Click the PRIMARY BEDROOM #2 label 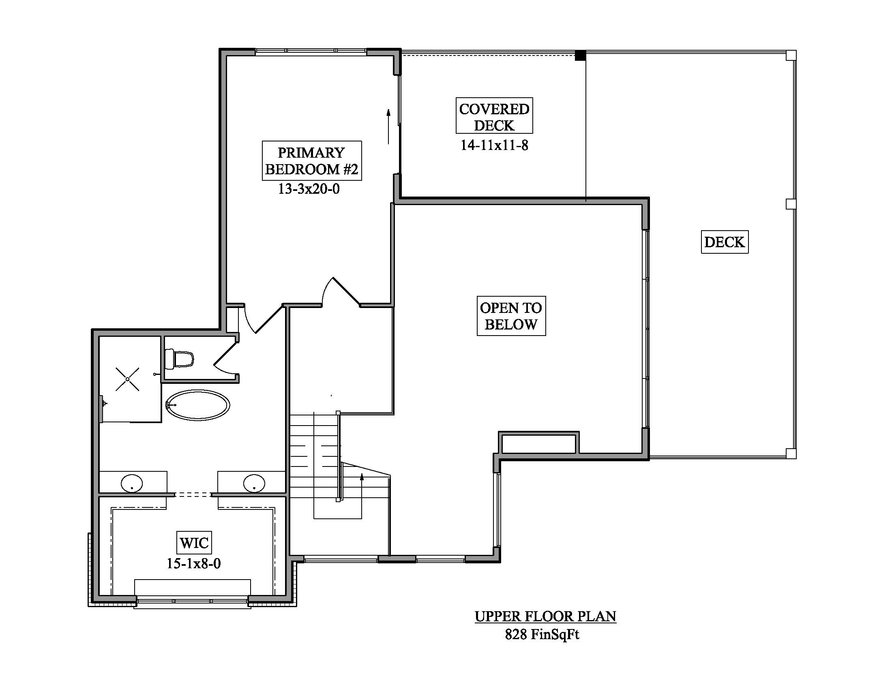[312, 160]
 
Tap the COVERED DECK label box [494, 116]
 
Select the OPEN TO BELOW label [511, 316]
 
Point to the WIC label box [194, 543]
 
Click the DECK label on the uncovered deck [725, 242]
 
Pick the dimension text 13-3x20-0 [309, 189]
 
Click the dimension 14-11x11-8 [494, 146]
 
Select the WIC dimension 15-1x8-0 [193, 564]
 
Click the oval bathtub [198, 405]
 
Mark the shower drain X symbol [127, 379]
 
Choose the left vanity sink [132, 484]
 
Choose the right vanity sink [254, 484]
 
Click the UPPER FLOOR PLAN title [545, 617]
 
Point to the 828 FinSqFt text [542, 634]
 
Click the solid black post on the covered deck [580, 56]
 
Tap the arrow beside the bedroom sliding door [388, 126]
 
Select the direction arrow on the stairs [362, 496]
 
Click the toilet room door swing [226, 358]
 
